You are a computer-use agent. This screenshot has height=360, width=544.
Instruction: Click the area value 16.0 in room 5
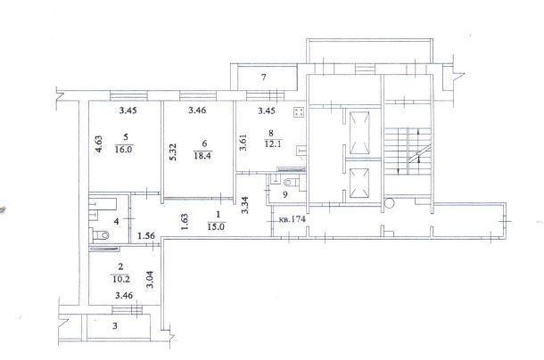[124, 150]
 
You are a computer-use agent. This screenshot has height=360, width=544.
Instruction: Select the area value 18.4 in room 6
[202, 156]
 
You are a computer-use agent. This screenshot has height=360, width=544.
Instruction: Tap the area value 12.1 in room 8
[273, 143]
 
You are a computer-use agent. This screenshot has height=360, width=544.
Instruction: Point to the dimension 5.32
[174, 151]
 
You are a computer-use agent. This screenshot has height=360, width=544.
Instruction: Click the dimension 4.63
[99, 144]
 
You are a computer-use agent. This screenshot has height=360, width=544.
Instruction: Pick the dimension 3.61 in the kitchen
[243, 143]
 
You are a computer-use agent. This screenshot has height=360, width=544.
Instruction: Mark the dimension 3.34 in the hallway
[245, 205]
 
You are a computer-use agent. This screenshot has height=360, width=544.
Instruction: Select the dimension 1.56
[146, 236]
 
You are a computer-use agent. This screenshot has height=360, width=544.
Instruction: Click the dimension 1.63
[185, 222]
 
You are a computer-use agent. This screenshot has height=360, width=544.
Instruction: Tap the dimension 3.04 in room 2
[150, 280]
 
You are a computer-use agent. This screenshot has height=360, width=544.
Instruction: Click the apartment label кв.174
[293, 219]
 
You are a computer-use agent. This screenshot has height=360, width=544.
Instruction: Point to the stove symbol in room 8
[299, 112]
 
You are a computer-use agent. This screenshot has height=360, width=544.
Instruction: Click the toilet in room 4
[101, 235]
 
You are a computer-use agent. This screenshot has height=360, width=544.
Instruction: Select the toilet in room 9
[291, 182]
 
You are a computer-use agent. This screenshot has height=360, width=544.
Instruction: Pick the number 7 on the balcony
[264, 77]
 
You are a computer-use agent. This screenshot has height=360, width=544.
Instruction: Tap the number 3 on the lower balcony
[115, 326]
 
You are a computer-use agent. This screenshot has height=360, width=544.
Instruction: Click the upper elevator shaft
[359, 133]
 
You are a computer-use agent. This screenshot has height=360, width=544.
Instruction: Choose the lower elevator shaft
[359, 183]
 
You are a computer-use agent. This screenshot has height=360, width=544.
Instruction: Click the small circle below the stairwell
[389, 203]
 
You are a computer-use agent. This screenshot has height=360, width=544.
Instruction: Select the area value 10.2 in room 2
[121, 279]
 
